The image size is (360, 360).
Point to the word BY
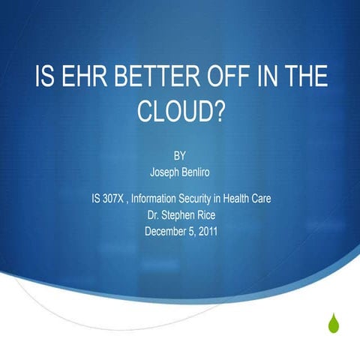coord(180,157)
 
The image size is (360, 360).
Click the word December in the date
coord(166,232)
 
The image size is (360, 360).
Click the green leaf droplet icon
coord(334,323)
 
